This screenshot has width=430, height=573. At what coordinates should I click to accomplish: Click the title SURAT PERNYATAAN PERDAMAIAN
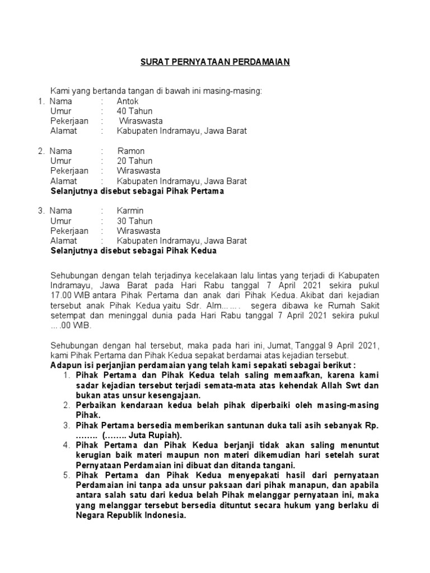(x=214, y=62)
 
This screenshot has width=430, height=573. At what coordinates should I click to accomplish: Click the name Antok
(x=128, y=101)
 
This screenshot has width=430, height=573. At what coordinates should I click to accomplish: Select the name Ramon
(x=131, y=151)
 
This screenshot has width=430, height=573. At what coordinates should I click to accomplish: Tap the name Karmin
(x=130, y=211)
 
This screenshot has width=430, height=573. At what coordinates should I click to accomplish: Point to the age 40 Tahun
(x=135, y=111)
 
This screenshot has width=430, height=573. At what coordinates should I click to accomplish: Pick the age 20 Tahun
(x=135, y=161)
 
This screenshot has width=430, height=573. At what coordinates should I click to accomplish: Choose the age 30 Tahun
(x=135, y=221)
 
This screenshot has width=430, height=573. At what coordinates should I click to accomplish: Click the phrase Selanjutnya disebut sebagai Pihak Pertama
(x=137, y=191)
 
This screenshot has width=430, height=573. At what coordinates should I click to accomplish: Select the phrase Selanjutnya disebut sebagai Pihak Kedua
(x=133, y=251)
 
